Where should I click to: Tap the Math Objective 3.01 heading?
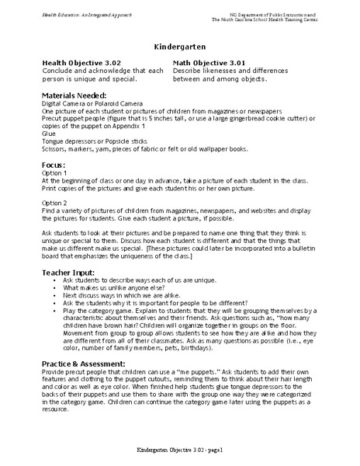(x=209, y=62)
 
